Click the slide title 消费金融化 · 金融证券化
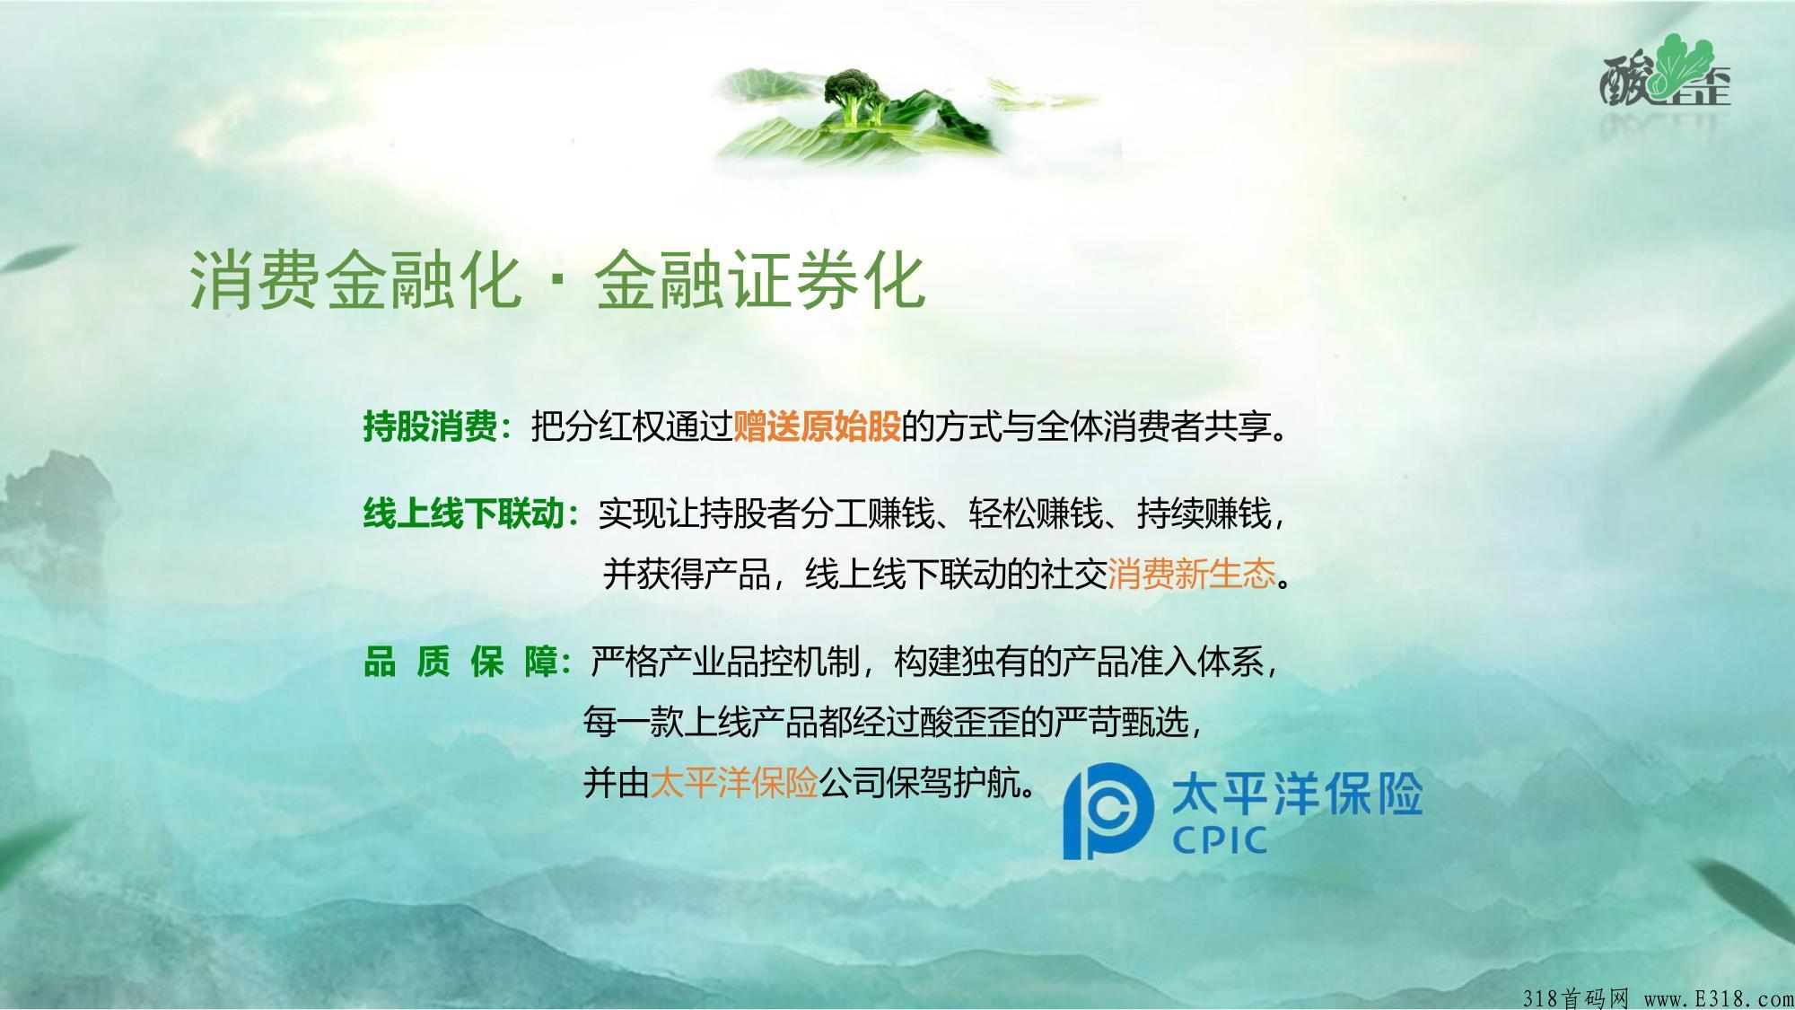pos(556,280)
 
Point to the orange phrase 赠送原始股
pos(817,426)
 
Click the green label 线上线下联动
pos(463,514)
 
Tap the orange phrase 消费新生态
pos(1192,574)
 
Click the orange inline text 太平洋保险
pos(734,783)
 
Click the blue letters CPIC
pos(1220,840)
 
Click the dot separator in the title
pos(558,281)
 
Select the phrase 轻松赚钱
pos(1036,514)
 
